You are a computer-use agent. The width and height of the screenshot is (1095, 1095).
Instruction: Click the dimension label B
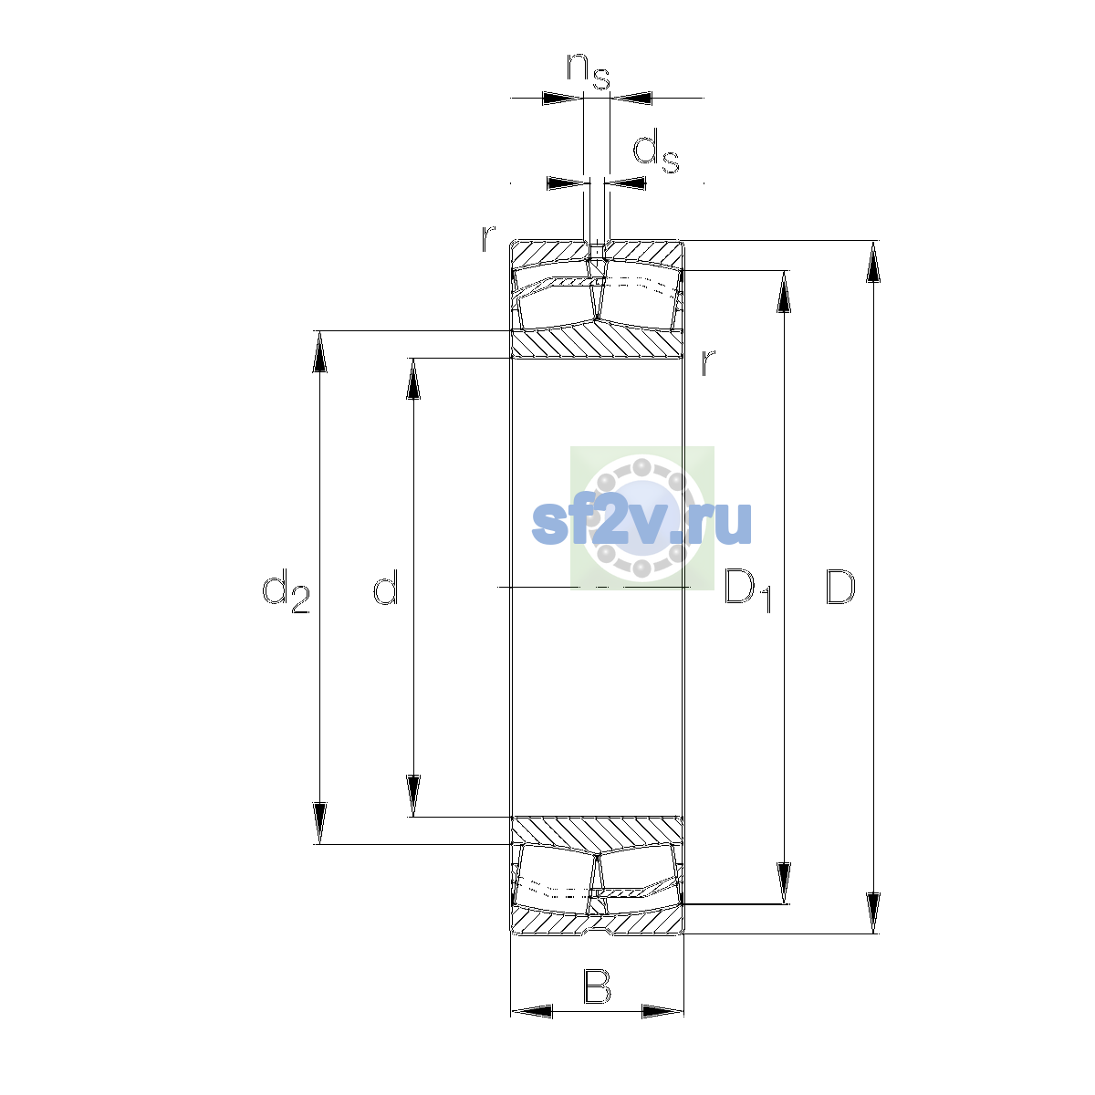[597, 987]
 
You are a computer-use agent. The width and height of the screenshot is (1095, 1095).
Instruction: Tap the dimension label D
[839, 587]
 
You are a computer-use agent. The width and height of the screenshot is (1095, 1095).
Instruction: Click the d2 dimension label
[286, 591]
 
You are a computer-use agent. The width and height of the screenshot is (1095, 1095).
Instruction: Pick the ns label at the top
[589, 71]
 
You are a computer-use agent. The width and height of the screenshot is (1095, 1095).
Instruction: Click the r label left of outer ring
[488, 238]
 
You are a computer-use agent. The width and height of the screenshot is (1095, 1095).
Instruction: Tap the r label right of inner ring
[707, 362]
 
